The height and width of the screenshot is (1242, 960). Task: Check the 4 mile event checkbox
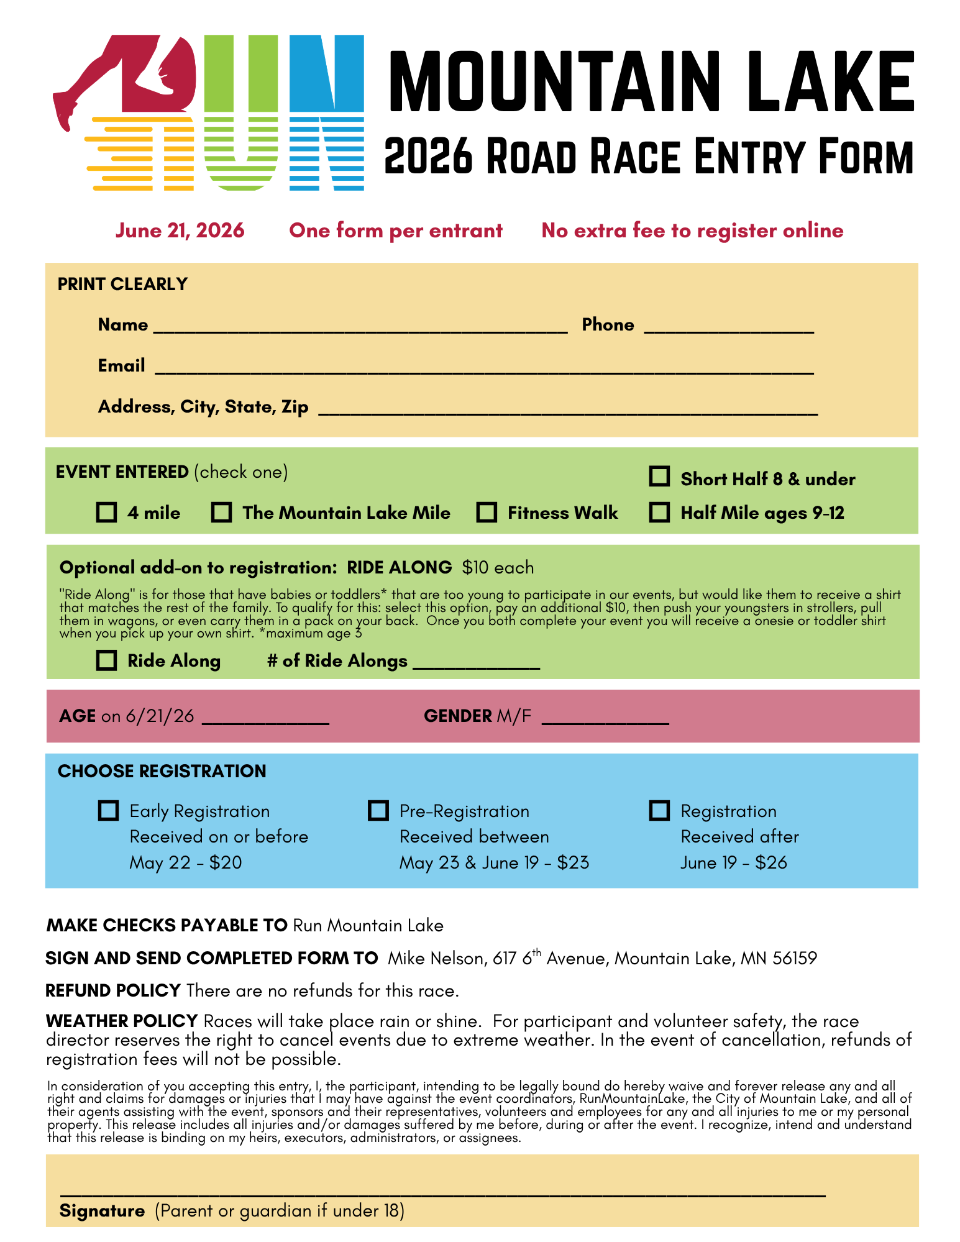(x=107, y=513)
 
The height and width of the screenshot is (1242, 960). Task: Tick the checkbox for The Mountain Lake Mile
(x=221, y=513)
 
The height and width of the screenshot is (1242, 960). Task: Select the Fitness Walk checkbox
(x=487, y=513)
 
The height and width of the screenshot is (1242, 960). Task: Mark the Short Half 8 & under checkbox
(x=659, y=477)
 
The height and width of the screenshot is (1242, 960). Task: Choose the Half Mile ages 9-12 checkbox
(x=659, y=513)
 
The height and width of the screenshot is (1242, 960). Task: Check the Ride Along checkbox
(x=107, y=660)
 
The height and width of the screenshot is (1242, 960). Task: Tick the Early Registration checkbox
(x=109, y=811)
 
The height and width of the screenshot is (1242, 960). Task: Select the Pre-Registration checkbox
(x=378, y=811)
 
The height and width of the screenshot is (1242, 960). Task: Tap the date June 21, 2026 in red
(x=180, y=231)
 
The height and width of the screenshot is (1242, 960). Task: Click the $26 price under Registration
(x=771, y=862)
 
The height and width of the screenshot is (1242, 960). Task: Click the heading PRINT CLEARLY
(x=122, y=284)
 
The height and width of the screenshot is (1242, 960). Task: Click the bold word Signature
(x=102, y=1211)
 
